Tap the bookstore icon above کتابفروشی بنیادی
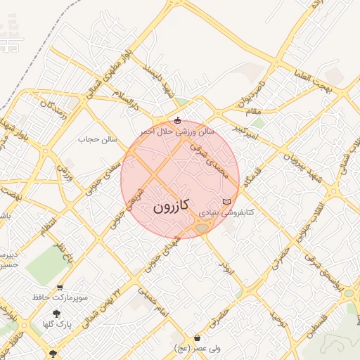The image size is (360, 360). click(x=226, y=202)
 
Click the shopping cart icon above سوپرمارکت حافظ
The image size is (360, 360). click(x=60, y=288)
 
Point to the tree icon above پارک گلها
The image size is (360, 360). click(x=56, y=314)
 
